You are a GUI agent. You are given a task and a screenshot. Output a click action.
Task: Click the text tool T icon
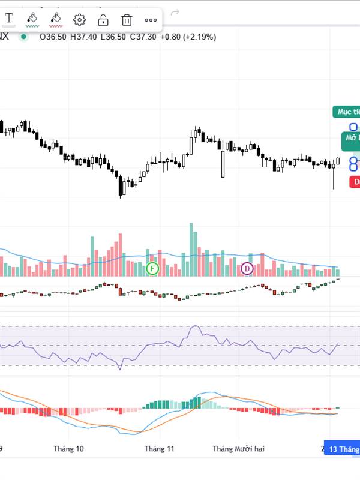(9, 19)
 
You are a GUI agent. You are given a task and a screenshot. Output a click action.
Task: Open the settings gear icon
(79, 20)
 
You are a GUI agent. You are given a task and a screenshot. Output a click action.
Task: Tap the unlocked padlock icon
(103, 20)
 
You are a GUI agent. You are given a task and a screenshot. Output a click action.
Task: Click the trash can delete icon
(127, 20)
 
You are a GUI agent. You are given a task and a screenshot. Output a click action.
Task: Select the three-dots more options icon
(151, 20)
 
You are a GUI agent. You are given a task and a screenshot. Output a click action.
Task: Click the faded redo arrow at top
(175, 12)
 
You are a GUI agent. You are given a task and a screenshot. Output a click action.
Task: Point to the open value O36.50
(53, 37)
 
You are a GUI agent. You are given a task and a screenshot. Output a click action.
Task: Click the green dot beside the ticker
(23, 37)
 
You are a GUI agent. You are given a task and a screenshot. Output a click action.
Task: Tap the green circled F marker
(152, 269)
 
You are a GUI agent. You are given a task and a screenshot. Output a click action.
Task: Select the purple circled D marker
(247, 269)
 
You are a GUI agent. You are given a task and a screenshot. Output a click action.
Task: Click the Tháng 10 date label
(68, 448)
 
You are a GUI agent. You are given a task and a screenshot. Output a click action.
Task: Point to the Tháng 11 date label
(159, 448)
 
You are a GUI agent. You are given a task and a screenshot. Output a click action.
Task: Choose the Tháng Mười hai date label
(238, 448)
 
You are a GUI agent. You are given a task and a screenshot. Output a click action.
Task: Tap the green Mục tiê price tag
(347, 112)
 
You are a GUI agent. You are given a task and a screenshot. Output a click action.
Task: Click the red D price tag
(355, 181)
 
